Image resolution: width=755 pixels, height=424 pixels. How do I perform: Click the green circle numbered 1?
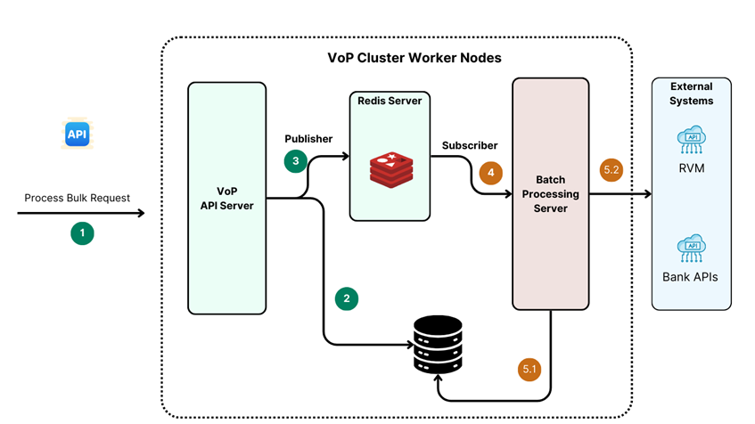[82, 233]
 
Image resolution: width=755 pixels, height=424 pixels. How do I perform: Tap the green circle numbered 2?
[347, 298]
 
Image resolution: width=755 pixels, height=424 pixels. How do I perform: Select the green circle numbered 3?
[296, 160]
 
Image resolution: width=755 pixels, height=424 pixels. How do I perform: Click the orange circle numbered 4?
[491, 172]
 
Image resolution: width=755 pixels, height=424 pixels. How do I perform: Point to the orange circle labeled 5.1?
[529, 369]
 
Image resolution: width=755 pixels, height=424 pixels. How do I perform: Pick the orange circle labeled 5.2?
[611, 169]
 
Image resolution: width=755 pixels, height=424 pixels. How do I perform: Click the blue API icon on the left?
[77, 135]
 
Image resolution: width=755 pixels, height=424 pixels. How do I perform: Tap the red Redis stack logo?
[390, 169]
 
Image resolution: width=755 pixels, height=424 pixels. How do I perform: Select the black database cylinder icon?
[438, 345]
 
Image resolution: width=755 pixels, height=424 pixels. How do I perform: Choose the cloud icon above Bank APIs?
[691, 249]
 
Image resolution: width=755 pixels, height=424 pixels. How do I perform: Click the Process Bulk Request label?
[78, 198]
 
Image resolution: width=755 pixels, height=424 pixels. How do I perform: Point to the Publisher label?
[308, 139]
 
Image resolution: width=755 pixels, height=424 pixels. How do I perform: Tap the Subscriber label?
[470, 145]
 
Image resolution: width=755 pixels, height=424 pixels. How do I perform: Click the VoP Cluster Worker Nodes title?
[414, 58]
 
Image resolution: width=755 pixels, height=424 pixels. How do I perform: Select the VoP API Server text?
[227, 199]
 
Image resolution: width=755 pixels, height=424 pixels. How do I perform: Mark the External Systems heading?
[692, 94]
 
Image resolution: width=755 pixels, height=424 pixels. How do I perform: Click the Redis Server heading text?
[390, 101]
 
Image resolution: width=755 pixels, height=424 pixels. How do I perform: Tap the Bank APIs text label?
[691, 277]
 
